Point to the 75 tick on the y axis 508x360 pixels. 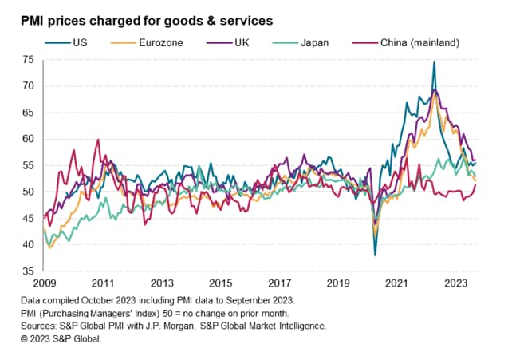coord(28,60)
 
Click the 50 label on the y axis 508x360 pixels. coord(28,192)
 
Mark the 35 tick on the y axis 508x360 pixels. coord(28,271)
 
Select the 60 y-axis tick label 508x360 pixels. coord(28,139)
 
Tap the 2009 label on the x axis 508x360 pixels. coord(45,283)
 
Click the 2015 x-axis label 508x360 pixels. coord(221,283)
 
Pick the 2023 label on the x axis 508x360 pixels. coord(455,283)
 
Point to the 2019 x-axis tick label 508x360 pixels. coord(338,283)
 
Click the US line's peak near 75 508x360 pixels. coord(434,62)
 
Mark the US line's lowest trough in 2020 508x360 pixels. coord(375,255)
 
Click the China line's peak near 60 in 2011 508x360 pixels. coord(98,140)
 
